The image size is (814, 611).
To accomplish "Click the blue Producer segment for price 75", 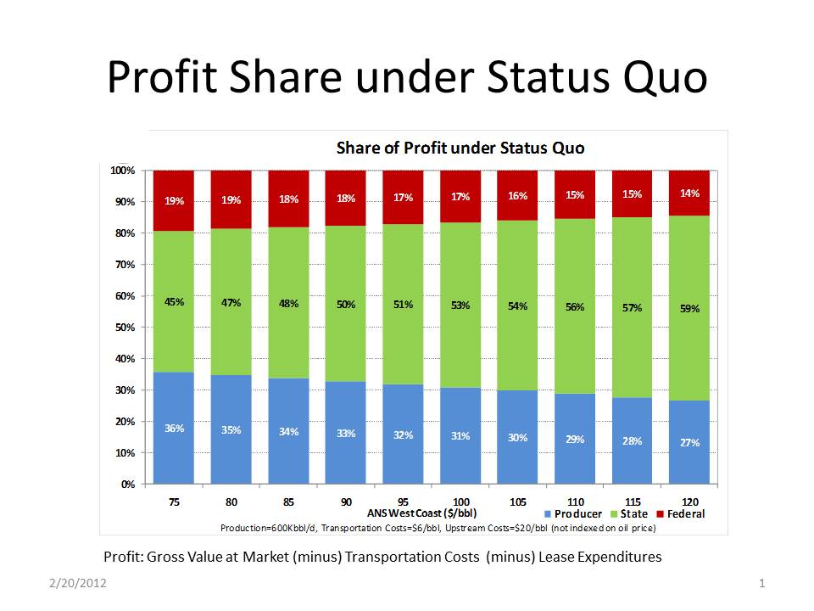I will click(x=174, y=428).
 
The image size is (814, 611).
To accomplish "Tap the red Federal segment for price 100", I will click(x=460, y=197).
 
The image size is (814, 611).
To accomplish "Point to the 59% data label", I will click(x=689, y=309).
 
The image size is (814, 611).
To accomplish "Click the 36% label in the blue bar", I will click(x=174, y=429).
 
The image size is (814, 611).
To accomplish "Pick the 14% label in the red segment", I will click(x=689, y=193).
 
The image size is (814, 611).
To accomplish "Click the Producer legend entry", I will click(x=572, y=513).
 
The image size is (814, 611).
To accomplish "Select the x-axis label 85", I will click(x=288, y=502).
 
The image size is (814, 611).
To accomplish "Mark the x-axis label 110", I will click(x=575, y=502).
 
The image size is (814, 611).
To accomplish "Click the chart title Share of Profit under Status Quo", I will click(x=460, y=148).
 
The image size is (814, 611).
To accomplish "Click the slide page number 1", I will click(x=762, y=583).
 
